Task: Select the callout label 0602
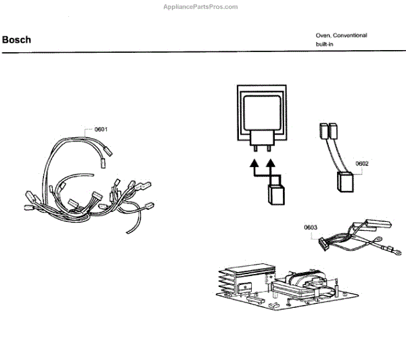[361, 163]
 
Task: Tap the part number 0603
[311, 227]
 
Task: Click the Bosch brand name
[16, 39]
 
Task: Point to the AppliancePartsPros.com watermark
[201, 7]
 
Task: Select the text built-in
[325, 44]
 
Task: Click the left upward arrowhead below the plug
[254, 164]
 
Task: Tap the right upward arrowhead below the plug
[271, 164]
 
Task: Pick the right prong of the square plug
[269, 146]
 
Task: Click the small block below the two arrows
[276, 195]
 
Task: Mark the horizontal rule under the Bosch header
[203, 53]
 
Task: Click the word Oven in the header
[322, 35]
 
